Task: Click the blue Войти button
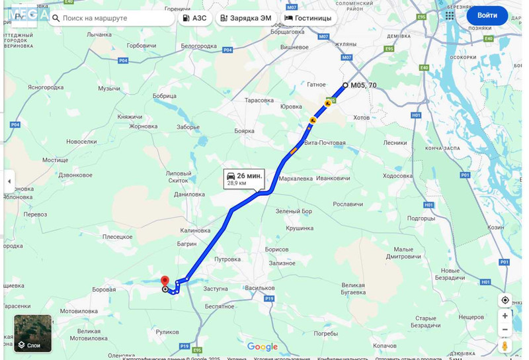tap(487, 15)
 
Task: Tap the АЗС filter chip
tap(194, 18)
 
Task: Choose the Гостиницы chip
tap(307, 18)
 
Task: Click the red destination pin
tap(165, 281)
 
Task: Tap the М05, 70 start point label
tap(363, 85)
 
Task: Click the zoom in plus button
tap(505, 316)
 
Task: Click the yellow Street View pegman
tap(505, 345)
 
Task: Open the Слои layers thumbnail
tap(32, 333)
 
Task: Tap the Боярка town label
tap(244, 131)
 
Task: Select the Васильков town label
tap(259, 288)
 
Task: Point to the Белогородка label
tap(198, 46)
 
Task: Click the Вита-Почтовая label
tap(325, 143)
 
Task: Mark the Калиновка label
tap(195, 230)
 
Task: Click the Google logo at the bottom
tap(263, 347)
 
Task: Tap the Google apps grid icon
tap(450, 15)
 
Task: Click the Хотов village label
tap(361, 118)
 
